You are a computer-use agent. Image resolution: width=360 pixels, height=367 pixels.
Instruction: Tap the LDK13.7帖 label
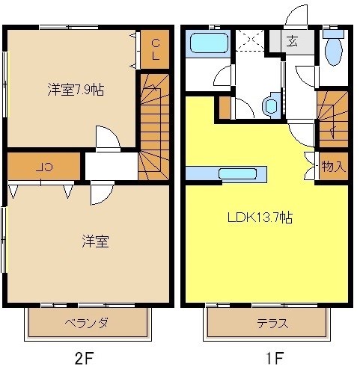pos(260,218)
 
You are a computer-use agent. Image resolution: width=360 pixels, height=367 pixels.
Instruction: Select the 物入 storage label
pos(333,166)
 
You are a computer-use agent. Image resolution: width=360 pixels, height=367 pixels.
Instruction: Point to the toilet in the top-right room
pos(335,50)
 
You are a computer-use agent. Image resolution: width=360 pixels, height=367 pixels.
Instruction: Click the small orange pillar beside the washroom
pos(224,108)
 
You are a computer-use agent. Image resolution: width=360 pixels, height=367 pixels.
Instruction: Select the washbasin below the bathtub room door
pos(271,106)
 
